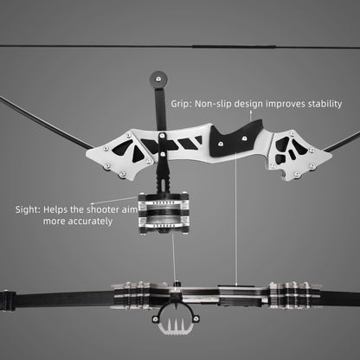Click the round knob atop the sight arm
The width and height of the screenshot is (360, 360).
click(x=157, y=78)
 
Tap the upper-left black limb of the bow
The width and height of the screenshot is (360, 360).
click(x=43, y=121)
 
